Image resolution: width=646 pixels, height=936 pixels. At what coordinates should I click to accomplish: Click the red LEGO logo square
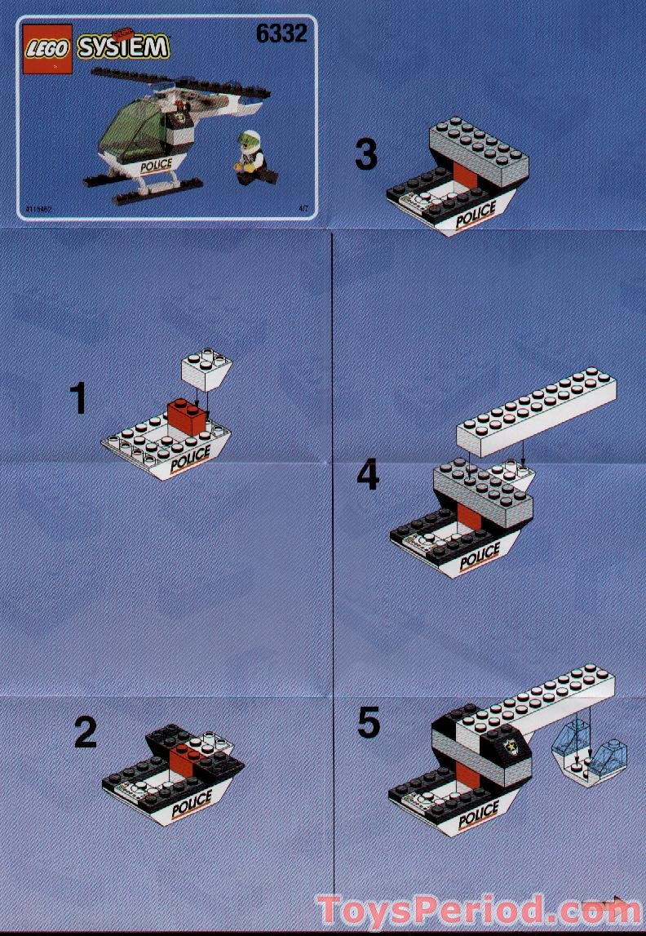[48, 48]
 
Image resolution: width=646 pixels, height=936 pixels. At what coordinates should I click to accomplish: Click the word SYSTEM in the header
[123, 47]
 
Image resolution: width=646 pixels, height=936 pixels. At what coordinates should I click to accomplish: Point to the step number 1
[78, 399]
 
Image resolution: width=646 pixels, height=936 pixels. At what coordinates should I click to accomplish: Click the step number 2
[86, 732]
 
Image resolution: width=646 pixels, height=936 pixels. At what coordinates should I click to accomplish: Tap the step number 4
[368, 475]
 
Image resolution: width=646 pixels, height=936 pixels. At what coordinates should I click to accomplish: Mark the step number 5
[369, 723]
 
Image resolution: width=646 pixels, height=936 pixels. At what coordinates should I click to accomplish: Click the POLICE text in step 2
[192, 800]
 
